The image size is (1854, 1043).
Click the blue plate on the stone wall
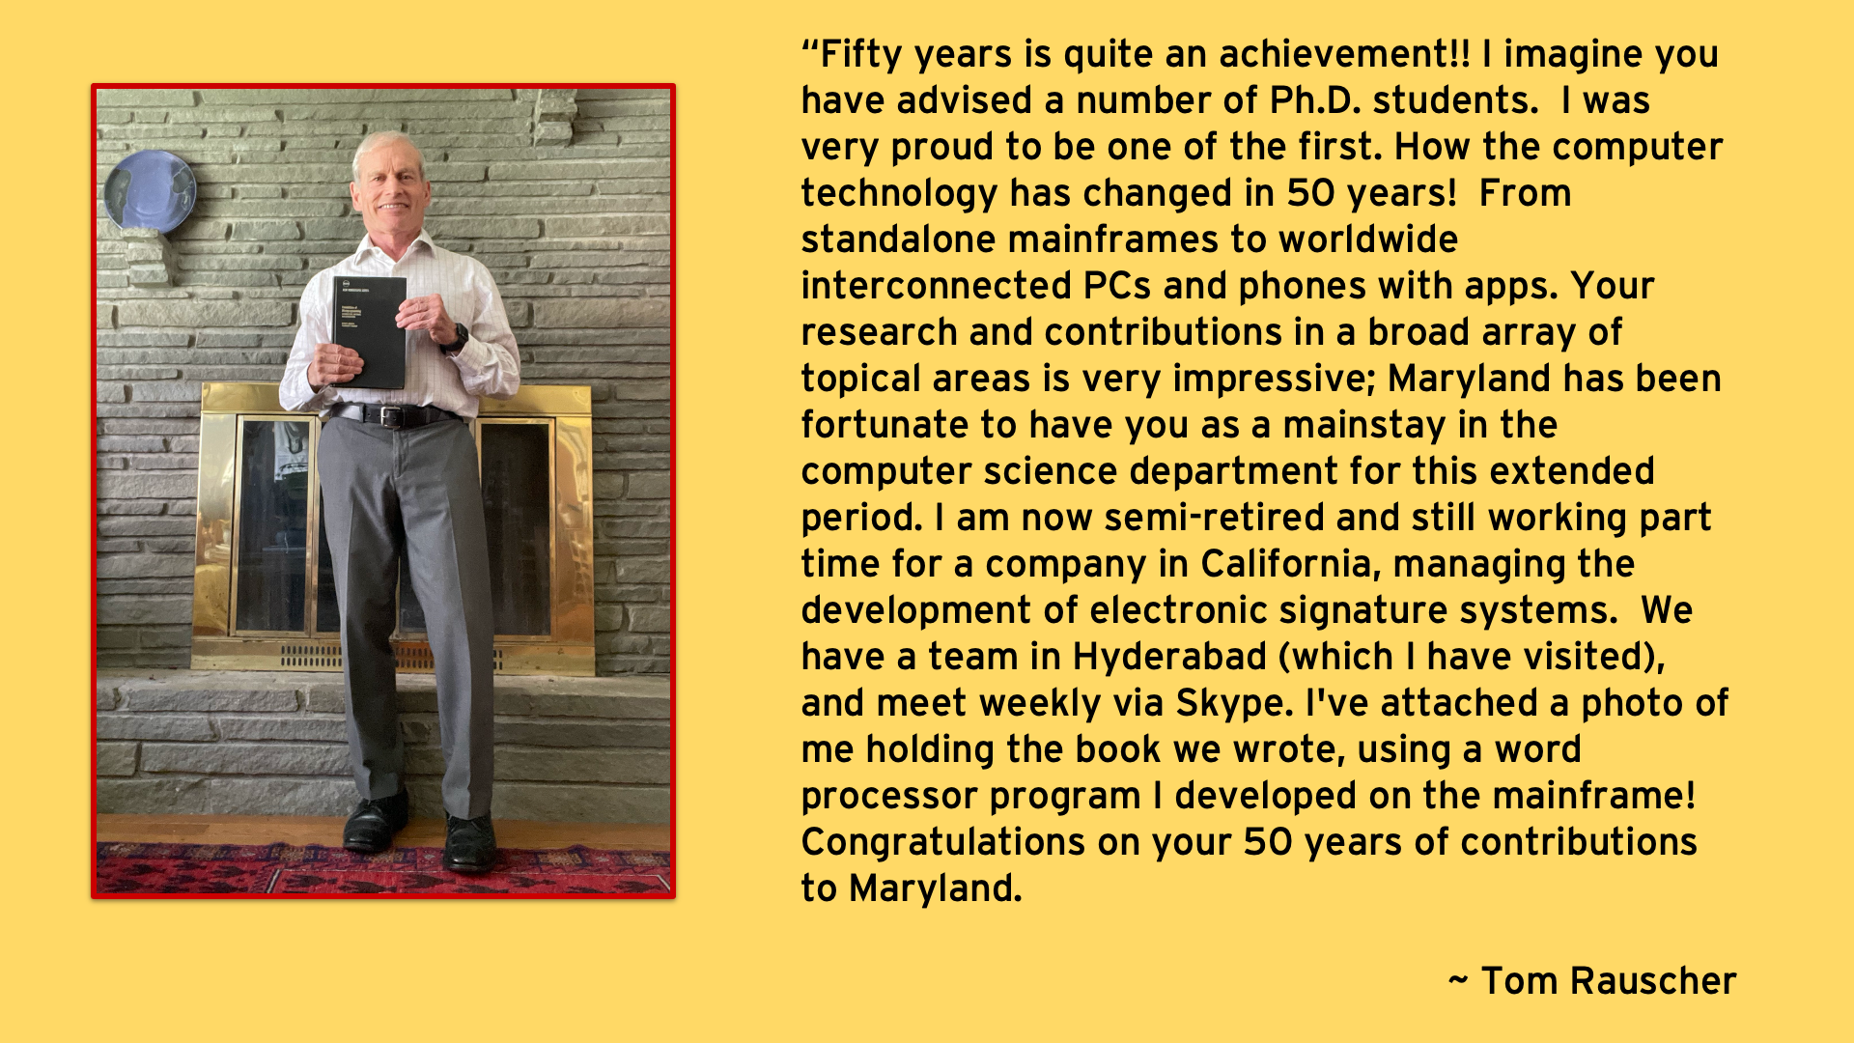[150, 191]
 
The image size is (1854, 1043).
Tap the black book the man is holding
[370, 331]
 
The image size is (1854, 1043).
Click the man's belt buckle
[390, 416]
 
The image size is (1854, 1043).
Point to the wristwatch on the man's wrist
[458, 337]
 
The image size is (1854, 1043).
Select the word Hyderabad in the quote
[1169, 657]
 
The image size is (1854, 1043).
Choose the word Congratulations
[942, 843]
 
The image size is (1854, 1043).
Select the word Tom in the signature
[1519, 981]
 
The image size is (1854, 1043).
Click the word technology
[899, 194]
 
